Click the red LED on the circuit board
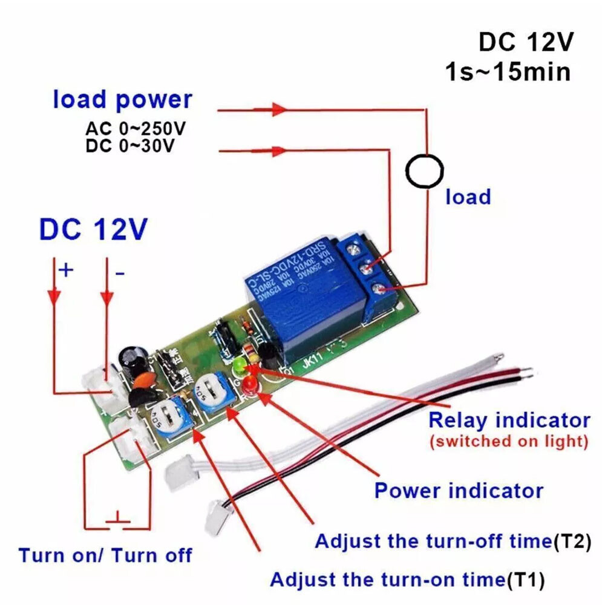249,383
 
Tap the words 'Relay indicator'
508,420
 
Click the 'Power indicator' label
459,490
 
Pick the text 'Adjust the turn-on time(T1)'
407,580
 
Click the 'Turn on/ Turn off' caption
105,555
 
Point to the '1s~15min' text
508,72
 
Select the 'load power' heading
122,99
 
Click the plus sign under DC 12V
65,270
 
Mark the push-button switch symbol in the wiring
119,518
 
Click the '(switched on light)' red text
508,442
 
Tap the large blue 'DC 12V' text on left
93,230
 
